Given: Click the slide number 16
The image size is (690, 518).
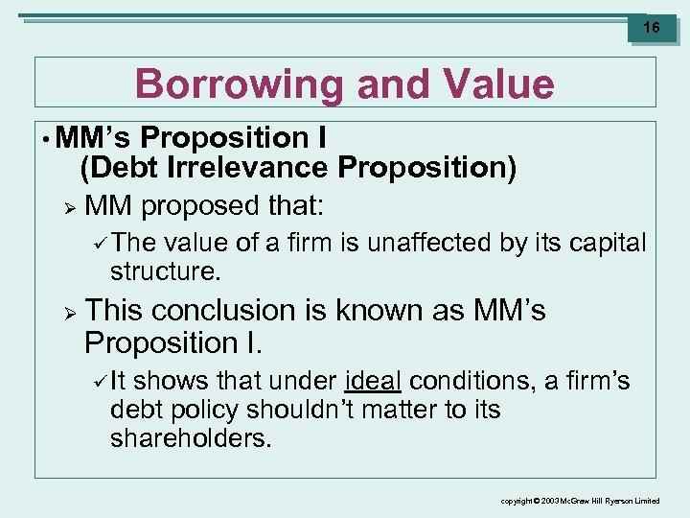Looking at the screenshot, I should pyautogui.click(x=652, y=28).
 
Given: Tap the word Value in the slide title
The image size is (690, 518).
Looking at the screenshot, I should pyautogui.click(x=502, y=84).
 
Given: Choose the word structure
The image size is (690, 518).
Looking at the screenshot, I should pyautogui.click(x=165, y=271).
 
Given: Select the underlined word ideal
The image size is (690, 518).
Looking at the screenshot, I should pyautogui.click(x=373, y=382).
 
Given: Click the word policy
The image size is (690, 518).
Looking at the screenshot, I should pyautogui.click(x=204, y=410).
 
